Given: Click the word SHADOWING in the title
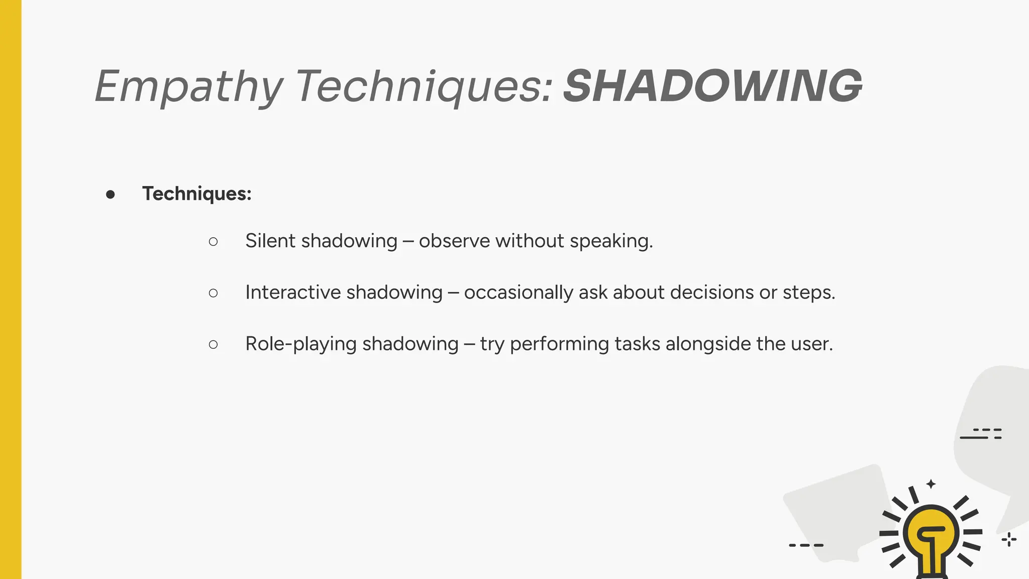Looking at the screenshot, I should (x=712, y=86).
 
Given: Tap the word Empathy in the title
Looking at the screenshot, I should (x=188, y=86).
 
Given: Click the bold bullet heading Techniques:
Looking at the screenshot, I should (x=196, y=194).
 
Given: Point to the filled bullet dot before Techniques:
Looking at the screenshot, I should (x=111, y=195).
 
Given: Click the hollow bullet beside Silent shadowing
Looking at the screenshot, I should (x=213, y=242).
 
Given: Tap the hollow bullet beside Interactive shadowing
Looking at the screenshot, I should (x=213, y=293).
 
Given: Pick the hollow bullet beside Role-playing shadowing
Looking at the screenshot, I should (x=213, y=344).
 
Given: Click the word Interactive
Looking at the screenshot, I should (x=292, y=292).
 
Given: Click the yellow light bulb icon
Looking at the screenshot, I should (x=931, y=535).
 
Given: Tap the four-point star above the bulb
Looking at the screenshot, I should (x=931, y=484).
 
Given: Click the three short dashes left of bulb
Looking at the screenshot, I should (x=806, y=545).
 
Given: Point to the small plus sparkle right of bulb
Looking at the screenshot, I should (x=1009, y=540).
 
